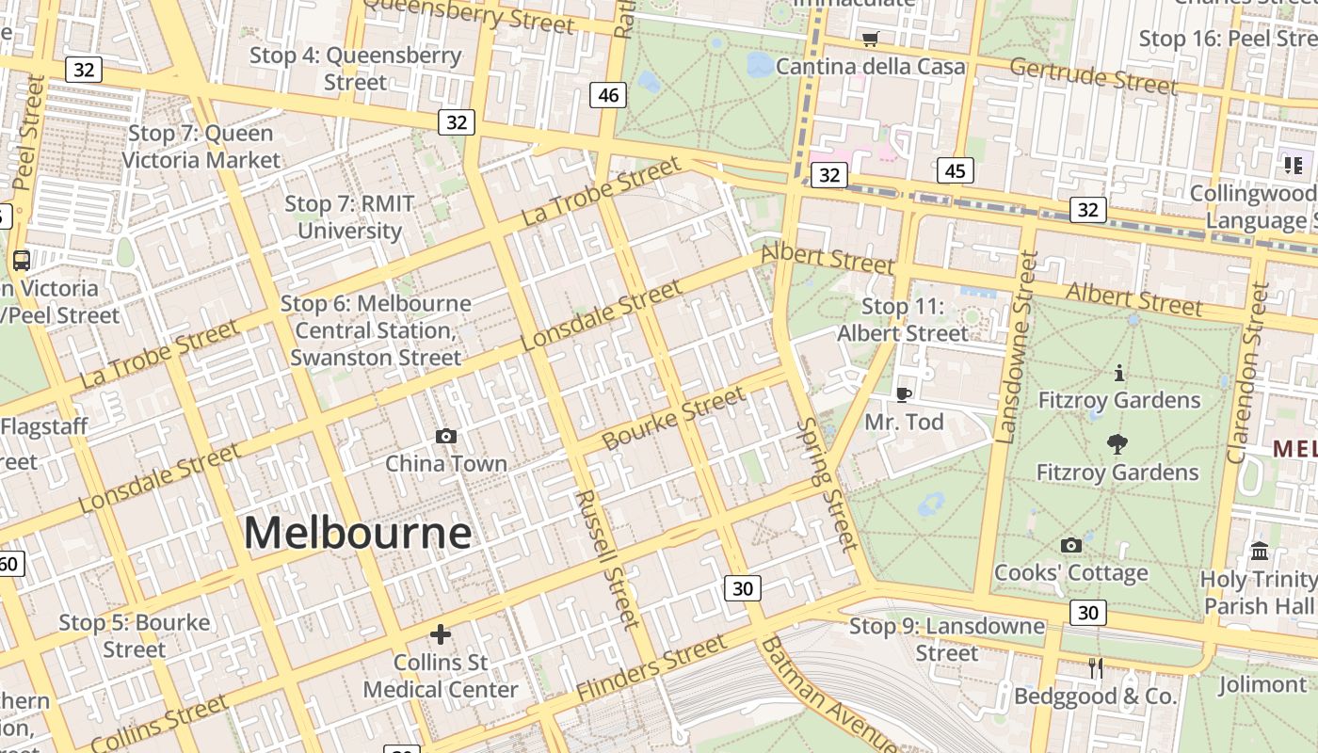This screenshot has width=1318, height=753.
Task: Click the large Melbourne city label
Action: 358,533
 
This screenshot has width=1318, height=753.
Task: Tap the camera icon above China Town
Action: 446,436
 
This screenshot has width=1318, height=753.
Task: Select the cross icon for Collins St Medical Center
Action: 440,634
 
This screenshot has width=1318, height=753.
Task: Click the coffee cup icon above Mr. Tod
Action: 904,394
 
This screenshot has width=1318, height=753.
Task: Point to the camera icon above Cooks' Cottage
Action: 1070,545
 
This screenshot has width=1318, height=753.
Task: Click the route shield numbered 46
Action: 609,94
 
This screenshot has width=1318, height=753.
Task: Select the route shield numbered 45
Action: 956,170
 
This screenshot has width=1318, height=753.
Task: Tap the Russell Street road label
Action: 607,558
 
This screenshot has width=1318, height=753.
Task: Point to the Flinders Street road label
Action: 651,667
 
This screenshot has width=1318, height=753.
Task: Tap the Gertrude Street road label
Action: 1093,76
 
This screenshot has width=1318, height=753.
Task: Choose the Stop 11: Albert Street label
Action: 902,320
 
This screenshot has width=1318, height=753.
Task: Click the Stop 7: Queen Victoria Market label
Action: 201,147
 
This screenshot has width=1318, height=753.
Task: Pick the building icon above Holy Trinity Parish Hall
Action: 1259,551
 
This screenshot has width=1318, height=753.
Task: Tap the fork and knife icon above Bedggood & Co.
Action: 1095,668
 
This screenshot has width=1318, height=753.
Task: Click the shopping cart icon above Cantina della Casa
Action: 870,39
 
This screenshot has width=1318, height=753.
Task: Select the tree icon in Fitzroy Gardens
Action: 1117,444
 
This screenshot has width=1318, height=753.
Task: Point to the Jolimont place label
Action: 1262,684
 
